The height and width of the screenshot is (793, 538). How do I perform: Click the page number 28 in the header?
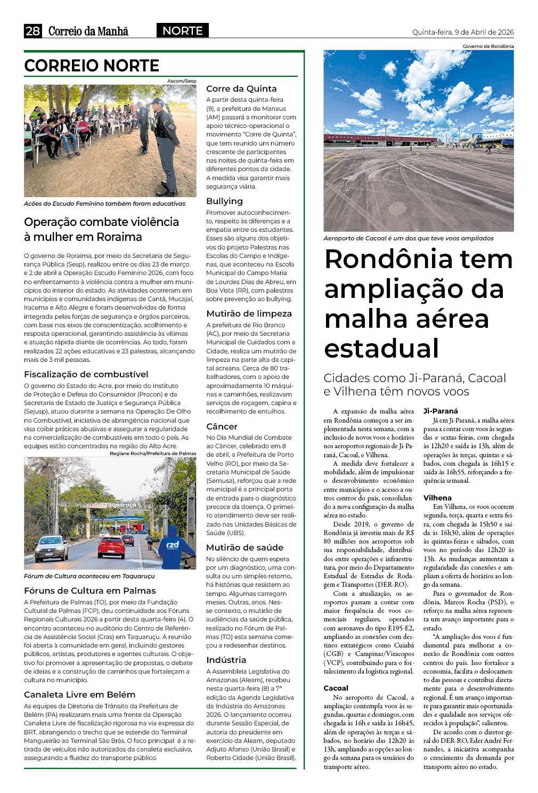coord(32,31)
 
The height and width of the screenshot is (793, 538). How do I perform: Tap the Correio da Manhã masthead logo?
coord(88,31)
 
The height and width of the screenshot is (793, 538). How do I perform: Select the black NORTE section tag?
coord(182,31)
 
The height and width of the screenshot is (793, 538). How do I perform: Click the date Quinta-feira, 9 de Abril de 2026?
coord(462,33)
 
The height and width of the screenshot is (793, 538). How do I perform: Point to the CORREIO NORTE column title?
coord(92,66)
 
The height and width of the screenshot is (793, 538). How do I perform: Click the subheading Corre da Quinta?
coord(241,89)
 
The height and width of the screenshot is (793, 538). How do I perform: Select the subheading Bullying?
coord(224,201)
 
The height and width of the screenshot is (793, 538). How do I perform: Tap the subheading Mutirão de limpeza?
coord(249,314)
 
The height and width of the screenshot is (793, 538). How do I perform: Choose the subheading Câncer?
coord(222,426)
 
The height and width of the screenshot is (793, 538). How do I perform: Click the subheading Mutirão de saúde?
coord(244,548)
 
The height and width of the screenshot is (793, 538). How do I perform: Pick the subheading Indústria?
coord(226,660)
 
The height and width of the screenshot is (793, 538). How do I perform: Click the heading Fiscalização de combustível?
coord(86,375)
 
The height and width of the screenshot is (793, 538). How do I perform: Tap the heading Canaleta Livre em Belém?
coord(79,695)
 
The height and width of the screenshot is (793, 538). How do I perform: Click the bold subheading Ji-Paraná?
coord(441,411)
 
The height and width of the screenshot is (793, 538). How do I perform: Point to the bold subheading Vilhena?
coord(437,498)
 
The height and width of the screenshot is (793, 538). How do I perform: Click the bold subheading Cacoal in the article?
coord(336,689)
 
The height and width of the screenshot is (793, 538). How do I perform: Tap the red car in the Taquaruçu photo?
coord(111,546)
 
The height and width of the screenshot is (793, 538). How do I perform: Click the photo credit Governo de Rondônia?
coord(487,46)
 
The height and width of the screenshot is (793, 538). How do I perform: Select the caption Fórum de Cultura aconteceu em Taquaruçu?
coord(89,577)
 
